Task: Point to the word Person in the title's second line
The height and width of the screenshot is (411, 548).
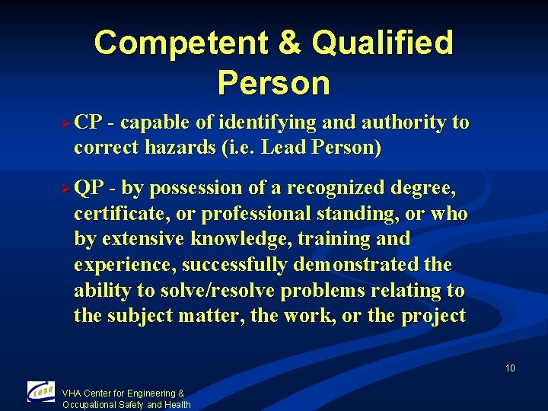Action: [x=273, y=83]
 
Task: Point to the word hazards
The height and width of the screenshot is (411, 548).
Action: [x=176, y=148]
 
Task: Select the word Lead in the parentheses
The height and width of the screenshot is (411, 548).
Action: [x=282, y=148]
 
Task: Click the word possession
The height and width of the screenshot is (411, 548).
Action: [x=201, y=187]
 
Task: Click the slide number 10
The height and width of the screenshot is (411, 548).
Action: [x=510, y=368]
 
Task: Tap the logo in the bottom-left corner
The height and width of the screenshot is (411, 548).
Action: [x=40, y=392]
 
